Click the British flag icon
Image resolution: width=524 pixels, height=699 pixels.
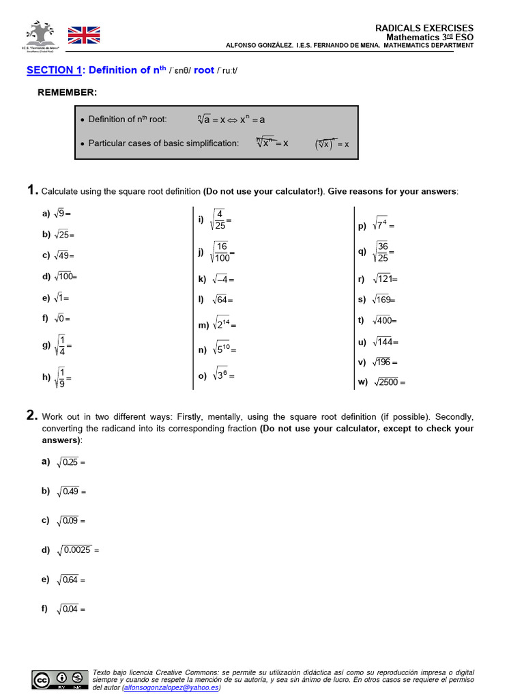(x=84, y=35)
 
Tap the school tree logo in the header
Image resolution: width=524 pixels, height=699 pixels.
(x=42, y=34)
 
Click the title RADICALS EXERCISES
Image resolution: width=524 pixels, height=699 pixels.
(x=424, y=28)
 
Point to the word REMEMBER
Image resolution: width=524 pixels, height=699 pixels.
(x=67, y=92)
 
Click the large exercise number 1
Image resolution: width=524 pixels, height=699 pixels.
(x=31, y=190)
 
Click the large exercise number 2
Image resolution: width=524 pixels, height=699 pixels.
(x=32, y=415)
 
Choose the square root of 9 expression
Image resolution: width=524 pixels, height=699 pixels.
(x=62, y=214)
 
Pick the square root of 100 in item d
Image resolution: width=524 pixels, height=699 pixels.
(x=65, y=276)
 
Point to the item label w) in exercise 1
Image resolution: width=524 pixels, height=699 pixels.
(x=362, y=382)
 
